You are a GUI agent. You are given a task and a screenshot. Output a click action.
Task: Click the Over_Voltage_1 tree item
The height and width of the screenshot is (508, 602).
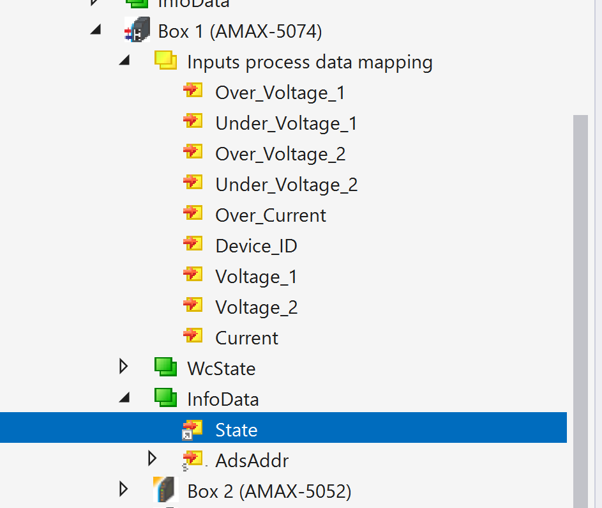[280, 93]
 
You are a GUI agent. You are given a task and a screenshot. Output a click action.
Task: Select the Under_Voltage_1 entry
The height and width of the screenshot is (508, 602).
[286, 123]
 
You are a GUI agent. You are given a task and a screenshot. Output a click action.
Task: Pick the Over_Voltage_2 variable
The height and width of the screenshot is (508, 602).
[280, 154]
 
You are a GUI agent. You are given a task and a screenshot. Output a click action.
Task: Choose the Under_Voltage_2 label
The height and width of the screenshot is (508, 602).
[287, 185]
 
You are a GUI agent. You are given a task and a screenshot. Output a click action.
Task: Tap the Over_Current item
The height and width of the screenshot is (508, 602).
[271, 215]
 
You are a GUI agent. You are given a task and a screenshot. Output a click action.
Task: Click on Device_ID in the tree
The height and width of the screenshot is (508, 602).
[256, 246]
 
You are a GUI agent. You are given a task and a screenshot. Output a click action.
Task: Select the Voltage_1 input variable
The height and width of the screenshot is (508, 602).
[256, 277]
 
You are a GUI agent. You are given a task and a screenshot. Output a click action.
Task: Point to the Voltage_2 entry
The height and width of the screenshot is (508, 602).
[257, 307]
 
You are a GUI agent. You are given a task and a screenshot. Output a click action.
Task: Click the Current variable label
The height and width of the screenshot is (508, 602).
[246, 338]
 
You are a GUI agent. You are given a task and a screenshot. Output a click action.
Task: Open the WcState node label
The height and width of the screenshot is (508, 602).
[221, 369]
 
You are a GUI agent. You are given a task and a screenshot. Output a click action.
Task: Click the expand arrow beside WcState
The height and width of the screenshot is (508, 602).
[124, 367]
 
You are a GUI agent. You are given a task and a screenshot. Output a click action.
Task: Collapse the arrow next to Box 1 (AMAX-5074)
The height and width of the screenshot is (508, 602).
[96, 29]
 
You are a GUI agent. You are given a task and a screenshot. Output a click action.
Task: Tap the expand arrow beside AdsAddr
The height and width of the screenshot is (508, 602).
[152, 459]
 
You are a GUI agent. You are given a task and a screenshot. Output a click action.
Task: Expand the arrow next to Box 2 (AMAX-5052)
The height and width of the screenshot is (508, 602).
[124, 489]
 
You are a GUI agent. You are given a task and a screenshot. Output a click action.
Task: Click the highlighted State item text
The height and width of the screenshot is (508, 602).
[236, 430]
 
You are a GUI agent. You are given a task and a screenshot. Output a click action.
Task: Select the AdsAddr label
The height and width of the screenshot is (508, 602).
[252, 461]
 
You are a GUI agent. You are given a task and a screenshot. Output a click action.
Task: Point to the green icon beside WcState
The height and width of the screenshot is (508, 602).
[166, 367]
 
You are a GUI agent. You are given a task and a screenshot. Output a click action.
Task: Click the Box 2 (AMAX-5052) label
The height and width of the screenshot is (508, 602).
[269, 491]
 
